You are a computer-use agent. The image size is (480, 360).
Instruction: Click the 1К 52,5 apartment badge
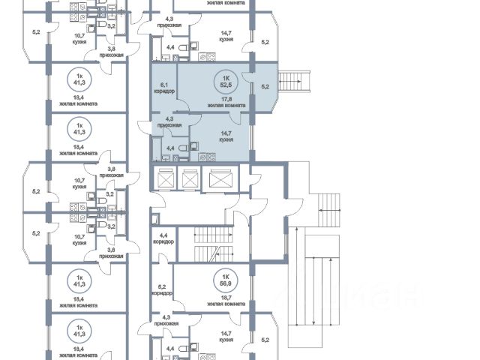point(223,81)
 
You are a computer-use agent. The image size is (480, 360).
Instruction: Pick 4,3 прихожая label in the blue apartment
point(170,121)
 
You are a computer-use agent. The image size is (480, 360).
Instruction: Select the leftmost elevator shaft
point(165,180)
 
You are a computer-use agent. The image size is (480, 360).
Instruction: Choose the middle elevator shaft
point(190,180)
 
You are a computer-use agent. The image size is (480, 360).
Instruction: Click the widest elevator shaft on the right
point(221,180)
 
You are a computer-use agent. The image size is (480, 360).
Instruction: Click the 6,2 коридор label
point(162,289)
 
